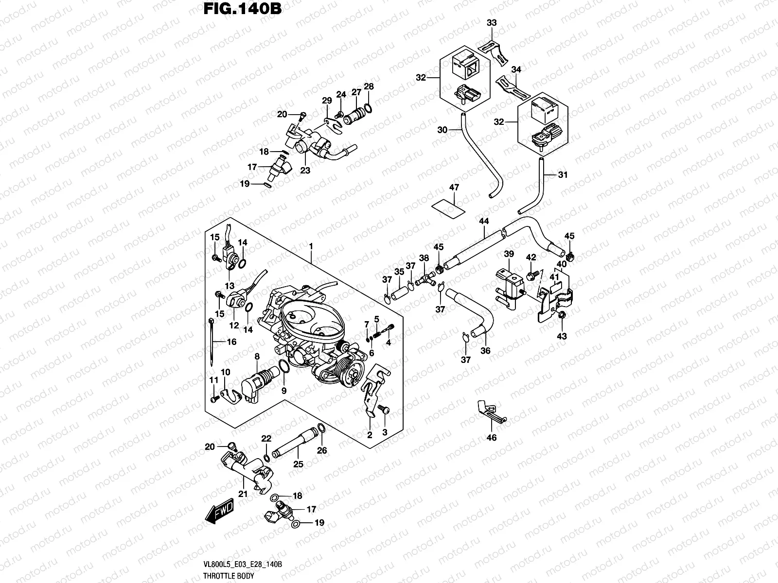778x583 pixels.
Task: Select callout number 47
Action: (x=454, y=188)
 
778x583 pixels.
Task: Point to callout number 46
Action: (x=492, y=438)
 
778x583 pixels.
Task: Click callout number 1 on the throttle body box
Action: (x=311, y=247)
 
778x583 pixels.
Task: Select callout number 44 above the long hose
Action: (x=483, y=221)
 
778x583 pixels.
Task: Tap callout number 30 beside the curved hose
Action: (x=442, y=130)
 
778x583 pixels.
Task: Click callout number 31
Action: (x=563, y=175)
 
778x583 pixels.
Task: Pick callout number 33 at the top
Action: (x=492, y=23)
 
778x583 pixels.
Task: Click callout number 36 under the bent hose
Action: (x=485, y=350)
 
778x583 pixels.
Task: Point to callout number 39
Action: (x=509, y=254)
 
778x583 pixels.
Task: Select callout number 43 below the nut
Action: (x=562, y=336)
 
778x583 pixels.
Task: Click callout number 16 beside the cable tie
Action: (x=231, y=342)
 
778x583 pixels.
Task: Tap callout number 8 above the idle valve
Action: (x=257, y=357)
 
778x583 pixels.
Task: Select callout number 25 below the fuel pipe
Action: (x=298, y=464)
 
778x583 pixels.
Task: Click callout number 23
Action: (x=305, y=171)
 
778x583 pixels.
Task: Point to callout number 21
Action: (x=243, y=494)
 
